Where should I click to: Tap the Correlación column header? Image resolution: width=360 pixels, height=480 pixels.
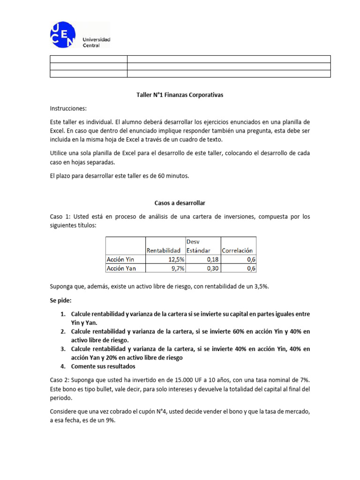click(x=237, y=250)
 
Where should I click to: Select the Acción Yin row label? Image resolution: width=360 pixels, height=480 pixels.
click(x=120, y=259)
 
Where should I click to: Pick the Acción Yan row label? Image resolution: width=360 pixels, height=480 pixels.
click(x=120, y=268)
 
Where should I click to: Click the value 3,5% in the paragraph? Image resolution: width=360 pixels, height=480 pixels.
click(x=273, y=286)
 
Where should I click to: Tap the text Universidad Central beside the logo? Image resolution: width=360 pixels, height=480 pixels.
click(x=96, y=42)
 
